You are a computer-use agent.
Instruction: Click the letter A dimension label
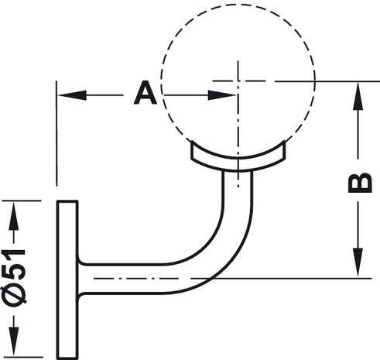tap(145, 93)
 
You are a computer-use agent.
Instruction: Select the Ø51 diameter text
tap(14, 277)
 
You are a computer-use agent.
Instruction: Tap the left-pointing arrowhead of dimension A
tap(72, 95)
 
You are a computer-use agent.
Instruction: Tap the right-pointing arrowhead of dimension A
tap(222, 95)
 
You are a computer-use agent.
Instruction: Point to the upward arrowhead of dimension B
tap(358, 96)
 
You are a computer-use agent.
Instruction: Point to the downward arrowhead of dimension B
tap(358, 262)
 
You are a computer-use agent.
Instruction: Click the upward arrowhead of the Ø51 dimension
tap(14, 215)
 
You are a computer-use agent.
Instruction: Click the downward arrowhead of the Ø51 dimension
tap(14, 341)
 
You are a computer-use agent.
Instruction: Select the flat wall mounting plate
tap(67, 279)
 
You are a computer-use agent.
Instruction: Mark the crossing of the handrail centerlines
tap(238, 81)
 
